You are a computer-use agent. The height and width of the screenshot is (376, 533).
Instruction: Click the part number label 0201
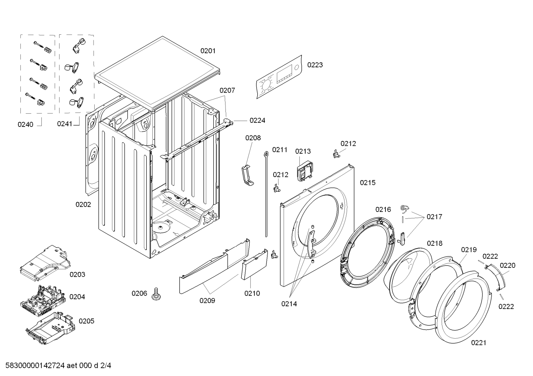tap(208, 51)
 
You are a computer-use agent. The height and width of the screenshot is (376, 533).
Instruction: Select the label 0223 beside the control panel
tap(315, 65)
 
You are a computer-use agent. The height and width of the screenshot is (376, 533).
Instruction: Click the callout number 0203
tap(77, 275)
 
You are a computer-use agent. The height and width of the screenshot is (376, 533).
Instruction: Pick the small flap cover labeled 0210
tap(255, 264)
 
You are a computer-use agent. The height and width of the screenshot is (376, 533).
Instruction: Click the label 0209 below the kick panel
tap(207, 301)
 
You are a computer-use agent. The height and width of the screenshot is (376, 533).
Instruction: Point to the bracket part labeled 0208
tap(248, 176)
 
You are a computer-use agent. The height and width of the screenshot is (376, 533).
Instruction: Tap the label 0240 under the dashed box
tap(26, 124)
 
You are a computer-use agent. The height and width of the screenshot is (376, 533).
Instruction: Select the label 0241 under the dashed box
tap(64, 124)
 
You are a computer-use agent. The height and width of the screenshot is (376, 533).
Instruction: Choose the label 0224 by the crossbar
tap(257, 120)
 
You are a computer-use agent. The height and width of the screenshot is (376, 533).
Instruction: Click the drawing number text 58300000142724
tap(35, 366)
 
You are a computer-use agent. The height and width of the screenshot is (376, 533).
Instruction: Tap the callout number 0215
tap(368, 183)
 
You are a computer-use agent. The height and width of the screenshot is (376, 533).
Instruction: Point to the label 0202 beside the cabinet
tap(83, 204)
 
